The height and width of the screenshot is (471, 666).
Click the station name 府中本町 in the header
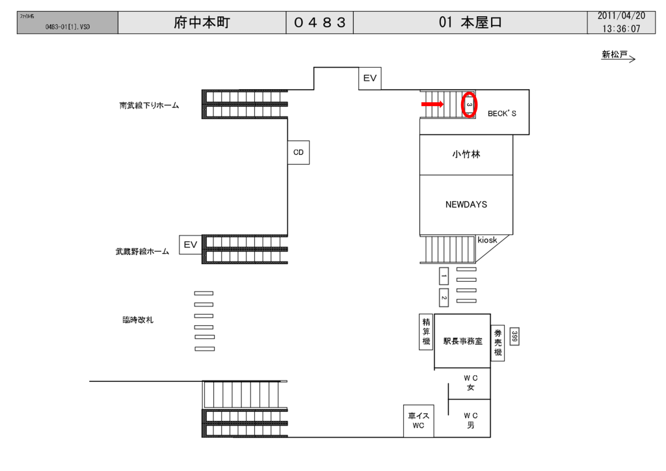coord(202,23)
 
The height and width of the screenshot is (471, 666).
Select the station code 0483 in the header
coord(319,23)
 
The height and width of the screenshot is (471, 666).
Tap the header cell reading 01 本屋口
coord(470,23)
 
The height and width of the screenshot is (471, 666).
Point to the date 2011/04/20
coord(621,16)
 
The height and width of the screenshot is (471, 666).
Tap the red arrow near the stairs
coord(432,104)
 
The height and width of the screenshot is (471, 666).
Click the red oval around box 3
coord(469,104)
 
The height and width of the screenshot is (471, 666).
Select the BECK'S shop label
coord(501,113)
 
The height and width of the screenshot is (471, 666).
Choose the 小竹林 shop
coord(466,155)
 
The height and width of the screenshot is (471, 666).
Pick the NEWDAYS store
coord(466,204)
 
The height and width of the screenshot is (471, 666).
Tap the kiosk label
coord(487,241)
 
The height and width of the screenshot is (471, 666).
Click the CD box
coord(299,153)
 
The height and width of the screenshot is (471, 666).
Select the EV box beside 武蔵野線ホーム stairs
coord(190,245)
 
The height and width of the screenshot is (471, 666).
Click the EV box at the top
coord(370,78)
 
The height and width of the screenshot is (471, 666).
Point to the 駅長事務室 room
coord(462,341)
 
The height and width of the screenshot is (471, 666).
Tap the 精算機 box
coord(426,332)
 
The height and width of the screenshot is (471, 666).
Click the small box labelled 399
coord(514,336)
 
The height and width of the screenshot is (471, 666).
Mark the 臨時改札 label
coord(138,320)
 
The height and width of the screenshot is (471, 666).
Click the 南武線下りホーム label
coord(149,105)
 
